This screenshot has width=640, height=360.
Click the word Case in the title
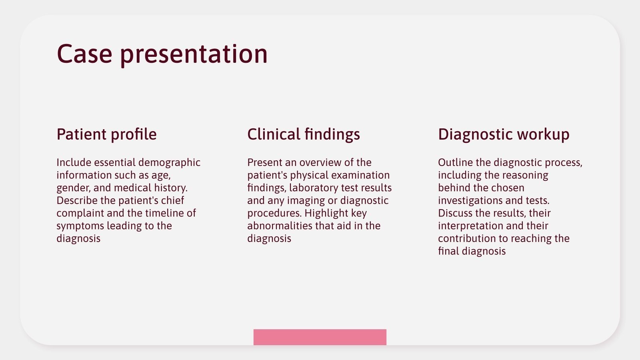tap(84, 54)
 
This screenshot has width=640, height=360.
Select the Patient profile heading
tap(106, 134)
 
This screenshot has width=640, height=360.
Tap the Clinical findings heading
tap(304, 134)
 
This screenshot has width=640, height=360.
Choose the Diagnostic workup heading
tap(504, 134)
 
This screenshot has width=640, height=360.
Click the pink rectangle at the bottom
tap(320, 337)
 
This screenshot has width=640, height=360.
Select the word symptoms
tap(80, 226)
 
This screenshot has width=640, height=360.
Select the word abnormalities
tap(280, 226)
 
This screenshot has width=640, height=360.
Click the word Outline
tap(455, 163)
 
